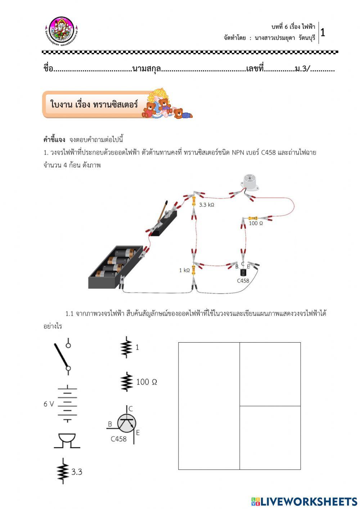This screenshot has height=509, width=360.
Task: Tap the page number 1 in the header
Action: [x=323, y=33]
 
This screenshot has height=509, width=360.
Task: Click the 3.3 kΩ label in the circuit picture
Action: [x=207, y=205]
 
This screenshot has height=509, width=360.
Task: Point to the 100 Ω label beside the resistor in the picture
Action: [x=256, y=223]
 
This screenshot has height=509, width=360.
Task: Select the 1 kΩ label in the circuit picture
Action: [x=184, y=270]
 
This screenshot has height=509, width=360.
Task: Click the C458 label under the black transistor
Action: [x=243, y=281]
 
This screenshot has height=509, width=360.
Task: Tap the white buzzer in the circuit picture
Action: [x=249, y=182]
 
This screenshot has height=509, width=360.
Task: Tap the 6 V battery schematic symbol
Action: [x=67, y=404]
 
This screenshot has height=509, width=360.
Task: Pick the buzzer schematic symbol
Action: [x=67, y=441]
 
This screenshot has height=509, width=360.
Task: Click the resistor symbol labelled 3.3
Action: [x=63, y=471]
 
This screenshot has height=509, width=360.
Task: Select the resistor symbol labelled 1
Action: [x=126, y=347]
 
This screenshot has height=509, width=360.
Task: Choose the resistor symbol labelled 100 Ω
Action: [x=127, y=382]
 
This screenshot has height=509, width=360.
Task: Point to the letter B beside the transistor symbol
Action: [x=110, y=424]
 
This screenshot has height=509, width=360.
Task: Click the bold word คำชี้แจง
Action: [x=54, y=139]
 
